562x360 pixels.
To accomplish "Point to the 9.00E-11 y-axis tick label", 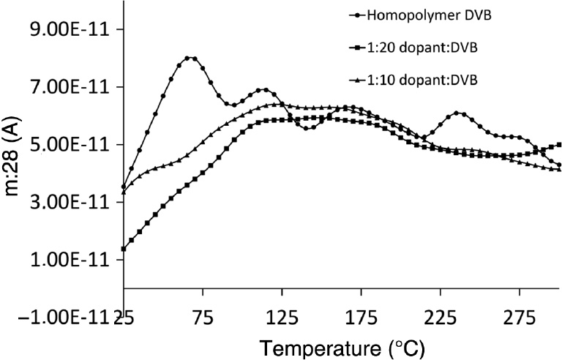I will pyautogui.click(x=66, y=30).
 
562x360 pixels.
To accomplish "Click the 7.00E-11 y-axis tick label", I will pyautogui.click(x=66, y=88).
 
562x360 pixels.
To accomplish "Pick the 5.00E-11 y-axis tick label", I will pyautogui.click(x=66, y=145).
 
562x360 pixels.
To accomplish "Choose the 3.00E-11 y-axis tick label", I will pyautogui.click(x=66, y=203).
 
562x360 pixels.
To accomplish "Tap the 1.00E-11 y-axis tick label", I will pyautogui.click(x=66, y=260).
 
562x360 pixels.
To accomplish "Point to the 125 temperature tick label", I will pyautogui.click(x=282, y=317).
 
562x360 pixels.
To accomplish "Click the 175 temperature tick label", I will pyautogui.click(x=361, y=317).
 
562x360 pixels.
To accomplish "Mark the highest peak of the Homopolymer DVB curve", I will pyautogui.click(x=192, y=58).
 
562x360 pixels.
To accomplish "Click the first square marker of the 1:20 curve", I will pyautogui.click(x=124, y=249).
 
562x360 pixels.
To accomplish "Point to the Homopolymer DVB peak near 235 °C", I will pyautogui.click(x=457, y=113).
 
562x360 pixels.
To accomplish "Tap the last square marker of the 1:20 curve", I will pyautogui.click(x=559, y=145).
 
